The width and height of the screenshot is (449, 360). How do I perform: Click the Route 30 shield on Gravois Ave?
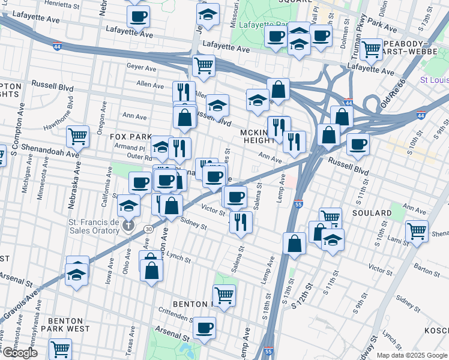tap(146, 229)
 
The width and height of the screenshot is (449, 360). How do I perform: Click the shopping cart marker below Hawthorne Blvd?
tap(77, 136)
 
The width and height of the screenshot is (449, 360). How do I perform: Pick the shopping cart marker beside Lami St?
tap(417, 230)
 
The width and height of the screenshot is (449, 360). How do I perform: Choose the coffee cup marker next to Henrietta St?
tap(138, 16)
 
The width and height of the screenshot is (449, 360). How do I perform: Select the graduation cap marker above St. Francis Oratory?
tap(128, 206)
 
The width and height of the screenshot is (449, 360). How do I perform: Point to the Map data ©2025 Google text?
tap(412, 355)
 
